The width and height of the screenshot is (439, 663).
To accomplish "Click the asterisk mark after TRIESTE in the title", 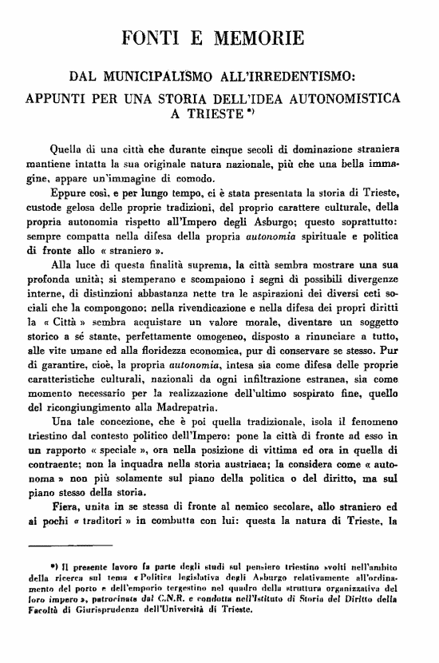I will pyautogui.click(x=251, y=112).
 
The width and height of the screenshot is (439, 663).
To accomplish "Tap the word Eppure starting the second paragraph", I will pyautogui.click(x=69, y=195).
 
